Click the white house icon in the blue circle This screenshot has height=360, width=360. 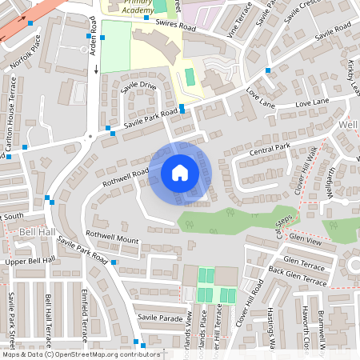click(x=179, y=172)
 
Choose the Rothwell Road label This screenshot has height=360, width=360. click(x=125, y=177)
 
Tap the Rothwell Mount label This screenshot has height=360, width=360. click(x=112, y=237)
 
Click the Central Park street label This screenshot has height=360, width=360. click(x=269, y=149)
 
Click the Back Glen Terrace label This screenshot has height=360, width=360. click(x=298, y=277)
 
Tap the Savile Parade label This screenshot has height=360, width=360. click(x=161, y=318)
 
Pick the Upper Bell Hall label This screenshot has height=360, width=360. click(x=30, y=261)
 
